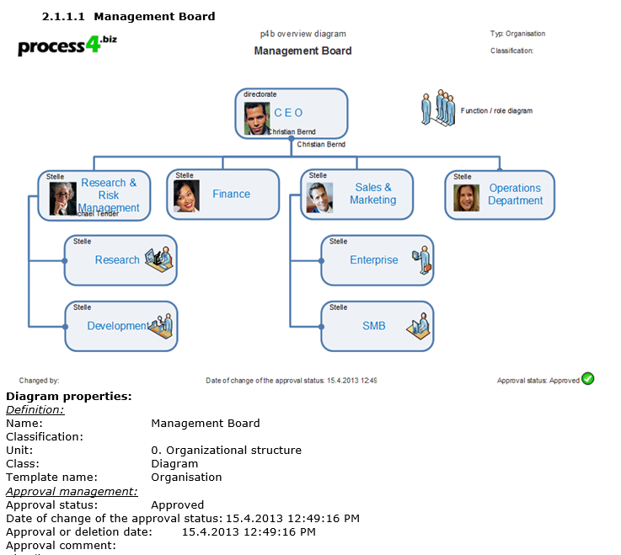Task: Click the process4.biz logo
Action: [67, 46]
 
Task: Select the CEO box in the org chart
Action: [292, 113]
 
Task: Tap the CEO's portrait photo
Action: [256, 119]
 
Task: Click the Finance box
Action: [231, 194]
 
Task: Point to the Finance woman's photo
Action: [186, 196]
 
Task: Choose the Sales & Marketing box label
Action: [373, 194]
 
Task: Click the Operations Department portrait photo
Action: [466, 197]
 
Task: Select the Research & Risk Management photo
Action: [62, 198]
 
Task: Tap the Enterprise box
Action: [374, 260]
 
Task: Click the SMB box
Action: [373, 326]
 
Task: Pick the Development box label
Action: [117, 326]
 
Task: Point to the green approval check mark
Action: [588, 379]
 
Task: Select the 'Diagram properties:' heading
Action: [68, 396]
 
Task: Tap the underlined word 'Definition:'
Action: [35, 409]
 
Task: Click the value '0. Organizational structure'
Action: [226, 450]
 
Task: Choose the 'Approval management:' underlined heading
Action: [72, 491]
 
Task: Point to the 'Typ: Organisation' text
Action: [517, 34]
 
